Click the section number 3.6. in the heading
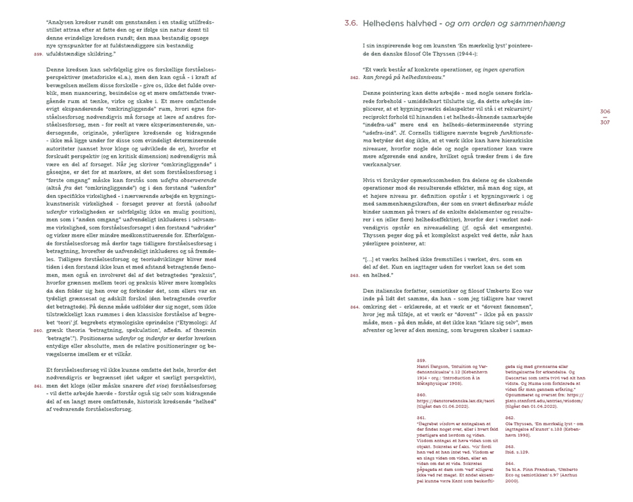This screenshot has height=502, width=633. coord(351,23)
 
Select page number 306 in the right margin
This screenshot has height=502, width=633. coord(605,112)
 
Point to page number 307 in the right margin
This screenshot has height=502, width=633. coord(605,123)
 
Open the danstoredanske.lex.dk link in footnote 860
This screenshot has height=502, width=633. coord(445,400)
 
